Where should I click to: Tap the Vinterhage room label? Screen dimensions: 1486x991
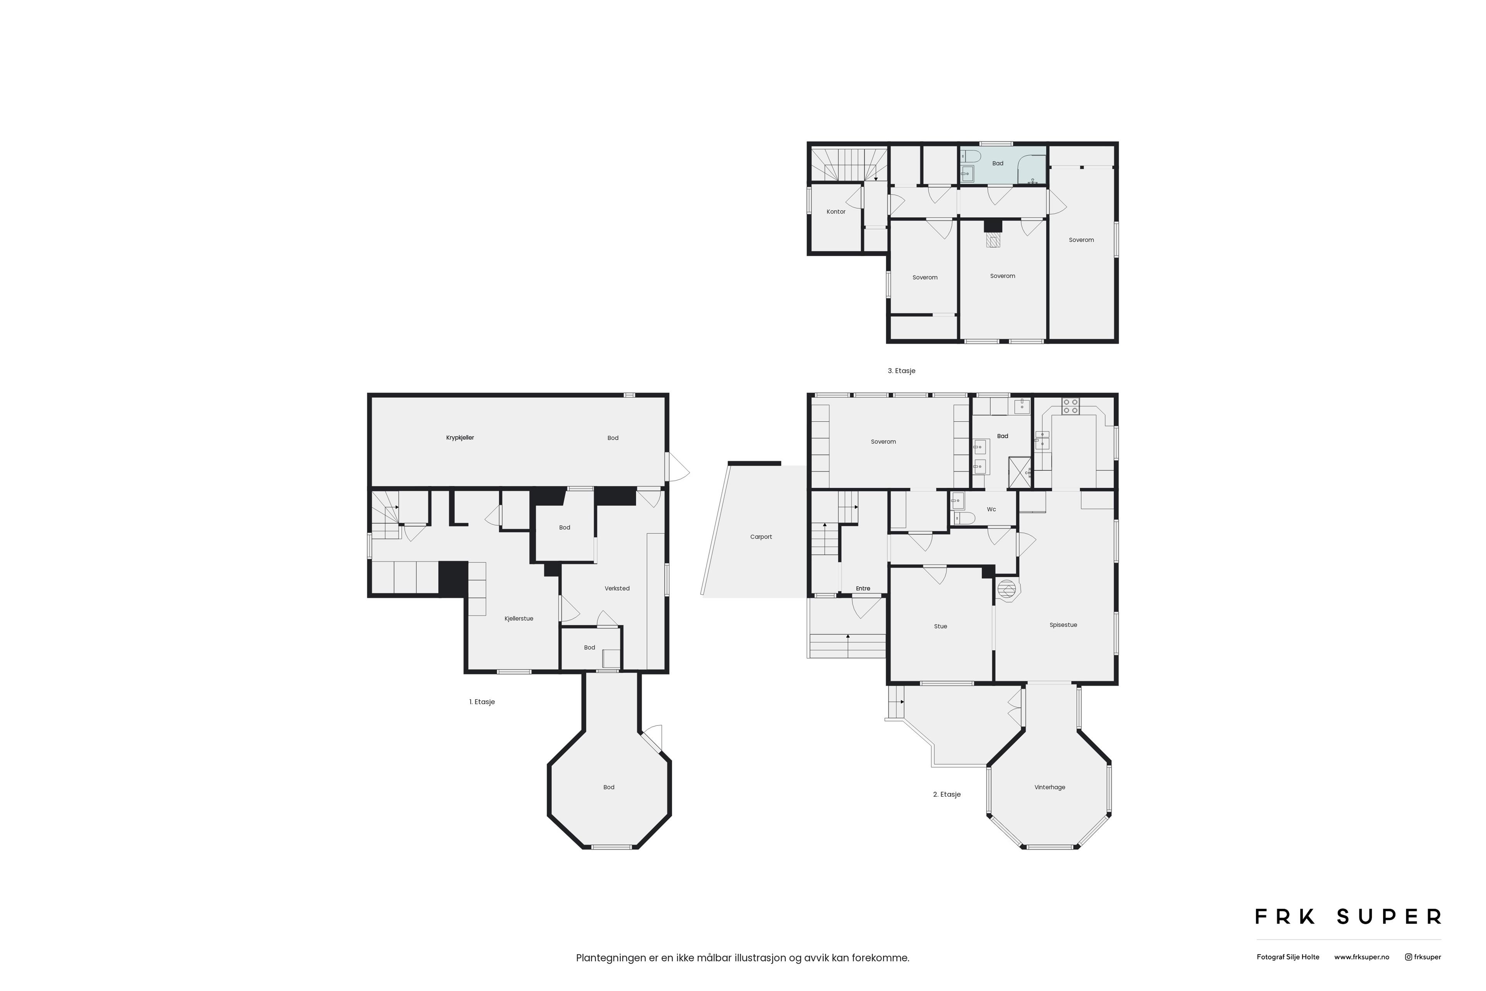[1049, 787]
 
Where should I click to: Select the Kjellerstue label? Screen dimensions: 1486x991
[519, 619]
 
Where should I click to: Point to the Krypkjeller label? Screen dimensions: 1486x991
[460, 438]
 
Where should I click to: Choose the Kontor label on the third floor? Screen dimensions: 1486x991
[836, 212]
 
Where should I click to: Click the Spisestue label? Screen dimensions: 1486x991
[1063, 625]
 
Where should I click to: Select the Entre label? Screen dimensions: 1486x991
[863, 588]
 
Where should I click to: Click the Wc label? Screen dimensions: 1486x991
[991, 509]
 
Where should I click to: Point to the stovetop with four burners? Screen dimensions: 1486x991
[1070, 406]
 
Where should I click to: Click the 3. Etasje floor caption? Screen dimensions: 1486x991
[902, 371]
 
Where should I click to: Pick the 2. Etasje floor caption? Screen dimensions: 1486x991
[947, 794]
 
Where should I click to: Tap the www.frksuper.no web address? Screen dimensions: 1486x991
[1361, 957]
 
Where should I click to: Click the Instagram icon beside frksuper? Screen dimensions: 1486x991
[1408, 957]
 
